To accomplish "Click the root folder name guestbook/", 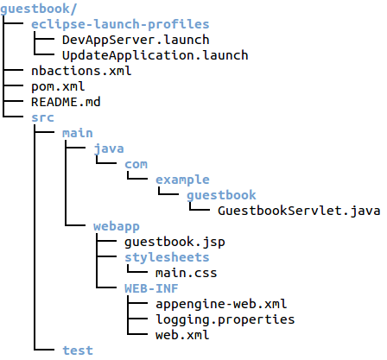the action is tap(39, 9).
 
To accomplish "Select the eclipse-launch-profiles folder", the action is tap(120, 24).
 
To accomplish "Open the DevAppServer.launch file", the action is tap(136, 40).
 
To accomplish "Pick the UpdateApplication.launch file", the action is tap(155, 55).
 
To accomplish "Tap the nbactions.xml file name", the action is tap(81, 71).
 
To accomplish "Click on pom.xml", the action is tap(58, 86).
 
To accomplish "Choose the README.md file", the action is tap(66, 102).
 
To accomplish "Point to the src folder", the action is tap(42, 117).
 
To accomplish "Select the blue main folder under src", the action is tap(78, 133).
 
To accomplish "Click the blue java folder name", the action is tap(109, 148).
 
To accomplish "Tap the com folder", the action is tap(136, 164).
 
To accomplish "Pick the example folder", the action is tap(182, 180).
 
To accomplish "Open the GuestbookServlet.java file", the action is tap(299, 211).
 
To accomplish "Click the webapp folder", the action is tap(117, 226).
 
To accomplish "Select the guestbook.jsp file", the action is tap(174, 242).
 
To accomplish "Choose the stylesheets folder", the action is tap(167, 257).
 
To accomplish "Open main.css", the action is tap(186, 273).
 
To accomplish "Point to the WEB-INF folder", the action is tap(151, 288).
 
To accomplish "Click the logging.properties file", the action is tap(225, 319).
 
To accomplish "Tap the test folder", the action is tap(78, 351).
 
